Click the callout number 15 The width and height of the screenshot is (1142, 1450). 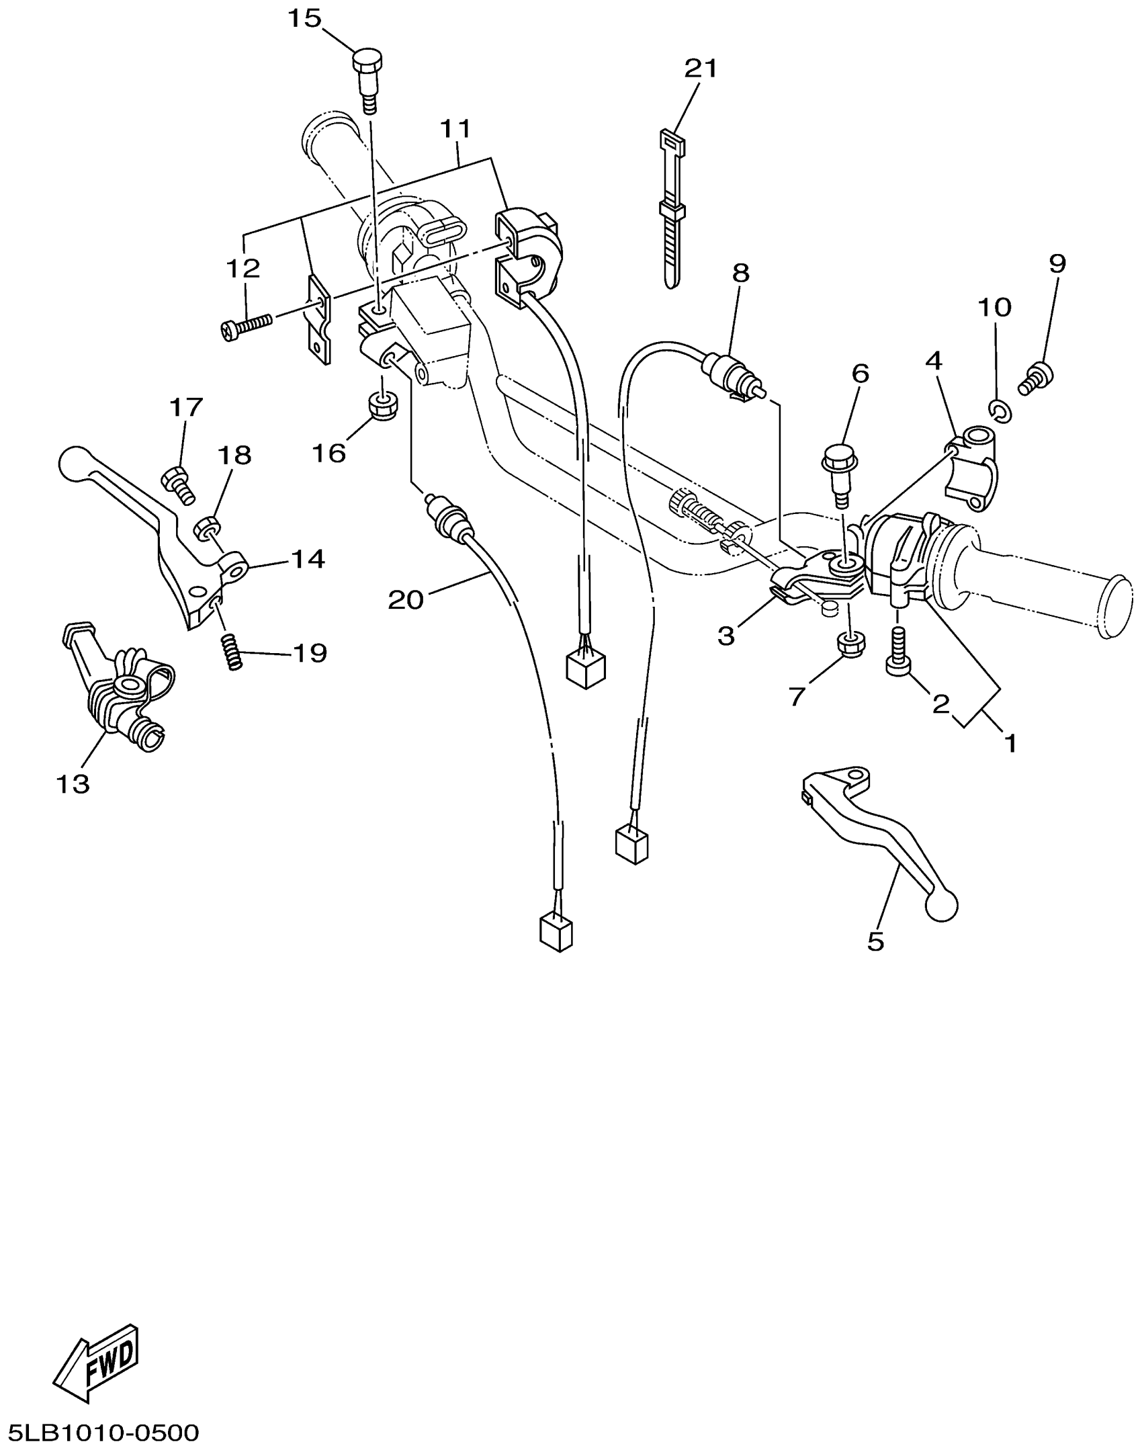(x=305, y=19)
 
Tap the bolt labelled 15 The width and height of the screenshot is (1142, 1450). (x=365, y=77)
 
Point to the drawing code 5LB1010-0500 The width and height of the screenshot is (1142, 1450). (x=104, y=1433)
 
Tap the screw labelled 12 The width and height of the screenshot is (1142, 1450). (x=246, y=327)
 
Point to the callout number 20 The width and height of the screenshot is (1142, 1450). (x=406, y=600)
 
